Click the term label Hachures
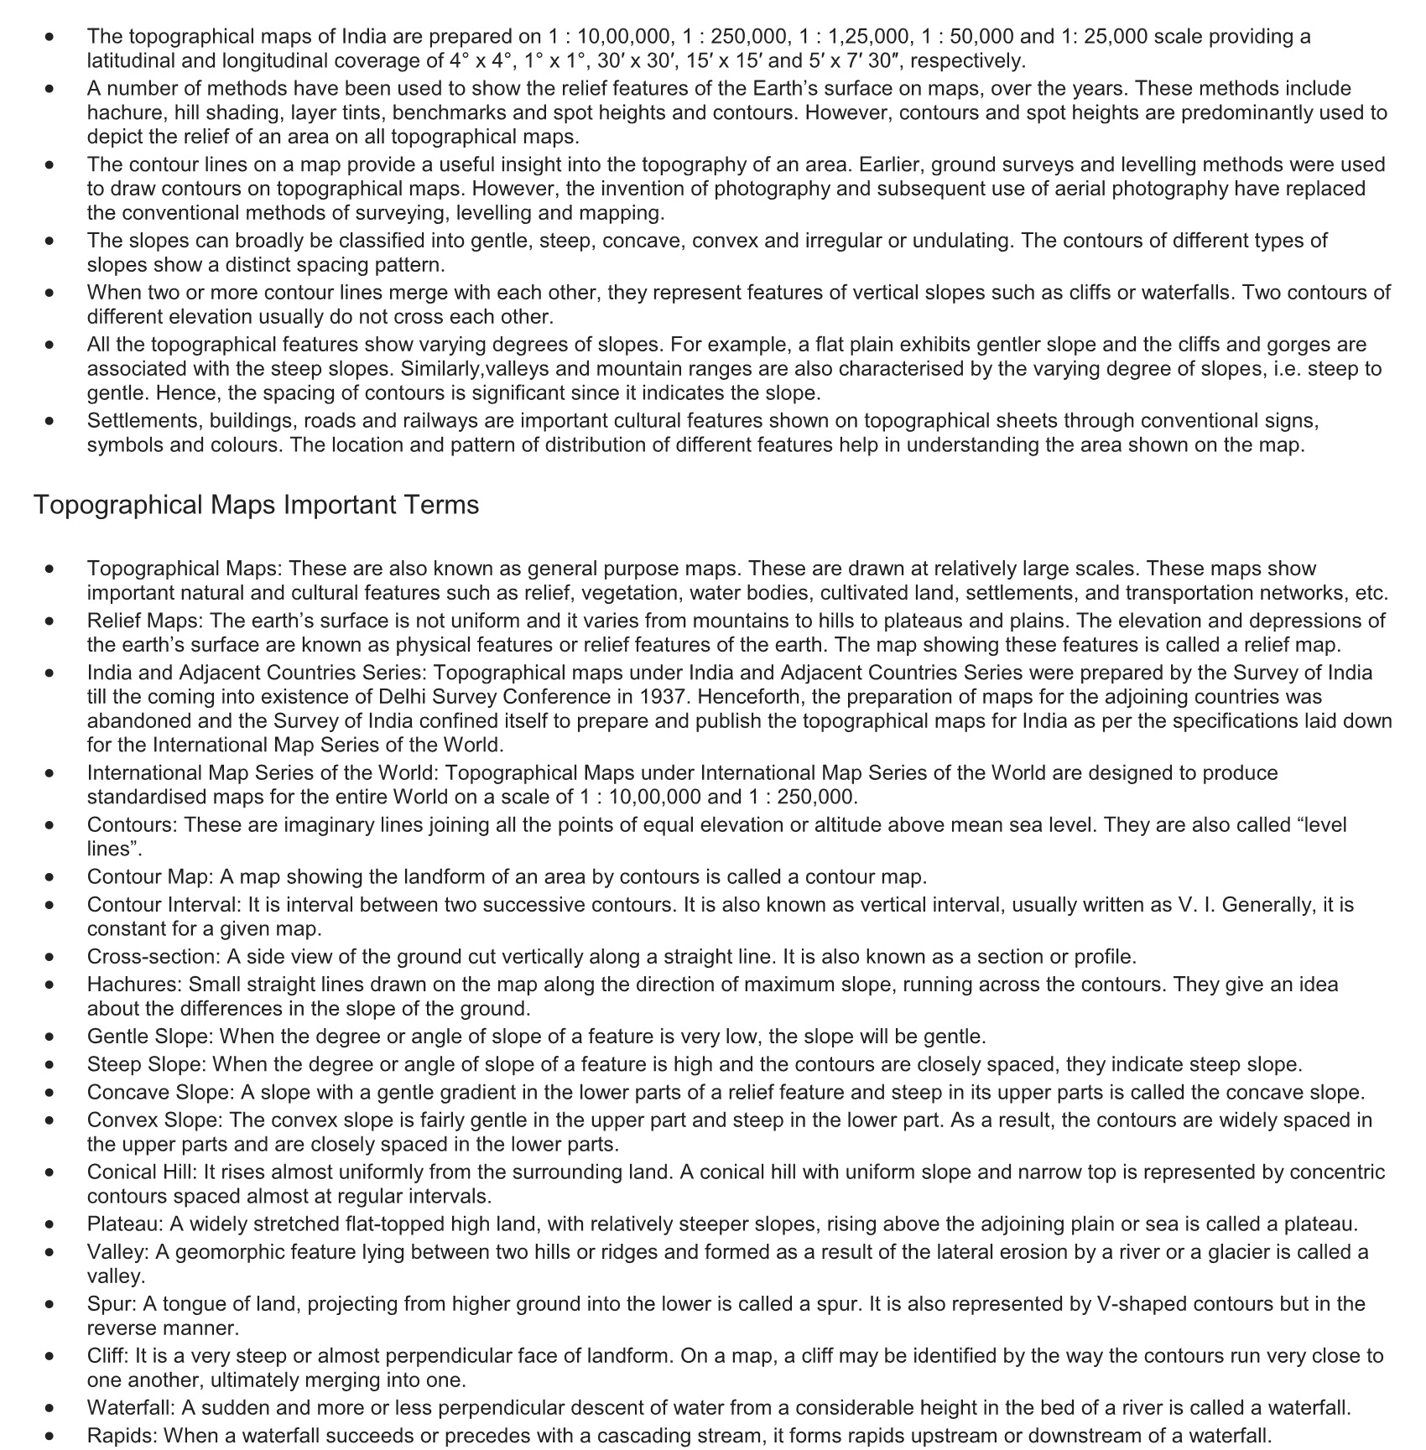(x=134, y=985)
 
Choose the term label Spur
(x=112, y=1304)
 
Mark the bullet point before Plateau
(x=51, y=1225)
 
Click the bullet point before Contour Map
(x=51, y=878)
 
